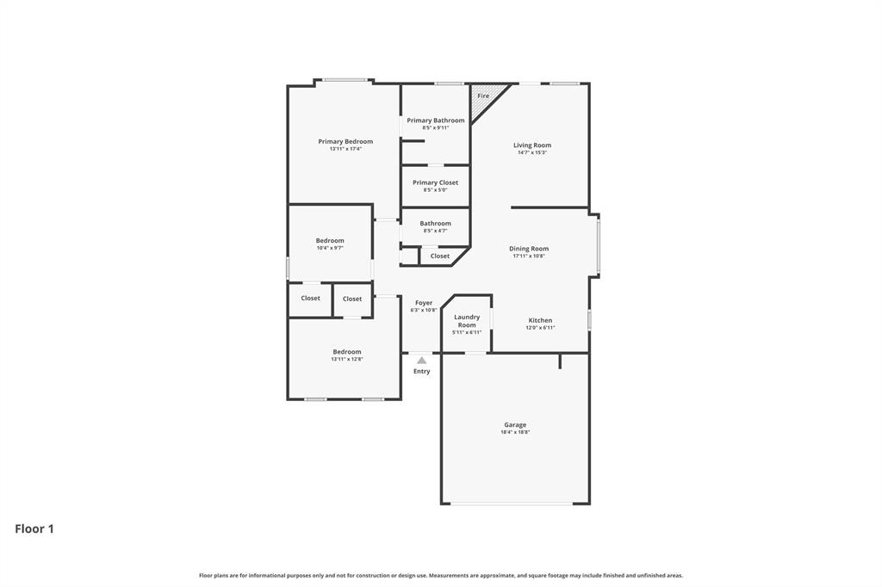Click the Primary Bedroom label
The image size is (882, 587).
point(345,141)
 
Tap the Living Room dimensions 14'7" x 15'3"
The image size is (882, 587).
point(531,152)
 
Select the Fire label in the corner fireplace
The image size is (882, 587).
point(483,96)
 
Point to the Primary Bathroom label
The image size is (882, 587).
point(435,120)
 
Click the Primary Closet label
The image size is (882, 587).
point(435,182)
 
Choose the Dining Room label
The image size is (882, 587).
point(528,249)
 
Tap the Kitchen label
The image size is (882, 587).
point(540,320)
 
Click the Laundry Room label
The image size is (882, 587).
point(467,321)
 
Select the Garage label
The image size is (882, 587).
point(515,424)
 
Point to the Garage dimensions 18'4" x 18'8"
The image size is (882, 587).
point(515,432)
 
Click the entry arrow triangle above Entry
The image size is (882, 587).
point(421,361)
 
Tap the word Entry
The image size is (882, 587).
point(421,371)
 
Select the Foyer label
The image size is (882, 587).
point(424,303)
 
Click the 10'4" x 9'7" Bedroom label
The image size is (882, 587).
point(330,241)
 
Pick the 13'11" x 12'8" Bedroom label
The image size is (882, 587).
point(347,351)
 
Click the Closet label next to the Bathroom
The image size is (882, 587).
point(439,256)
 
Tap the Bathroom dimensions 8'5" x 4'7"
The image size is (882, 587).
point(435,231)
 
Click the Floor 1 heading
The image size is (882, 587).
point(34,529)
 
